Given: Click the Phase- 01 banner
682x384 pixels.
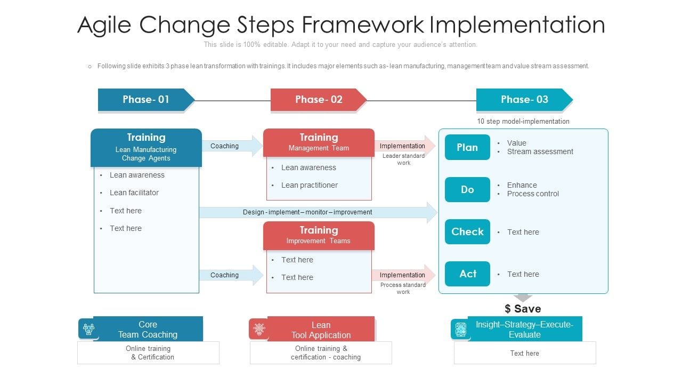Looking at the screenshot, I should [145, 100].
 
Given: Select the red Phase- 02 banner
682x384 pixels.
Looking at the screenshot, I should [318, 100].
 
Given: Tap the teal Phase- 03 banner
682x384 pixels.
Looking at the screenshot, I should [524, 100].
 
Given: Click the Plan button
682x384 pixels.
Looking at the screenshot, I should [467, 147].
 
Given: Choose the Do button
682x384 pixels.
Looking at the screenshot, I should [467, 189].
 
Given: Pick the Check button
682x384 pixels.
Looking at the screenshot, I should [467, 231].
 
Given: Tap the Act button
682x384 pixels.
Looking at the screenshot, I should [467, 274].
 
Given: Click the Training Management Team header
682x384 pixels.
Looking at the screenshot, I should [319, 142].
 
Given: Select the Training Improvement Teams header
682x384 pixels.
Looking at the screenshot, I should [319, 235].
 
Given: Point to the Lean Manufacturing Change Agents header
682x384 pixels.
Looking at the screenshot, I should [146, 148].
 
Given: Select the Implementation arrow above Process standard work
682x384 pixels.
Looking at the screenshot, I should [403, 275].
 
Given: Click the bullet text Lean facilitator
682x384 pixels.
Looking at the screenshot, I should [134, 193].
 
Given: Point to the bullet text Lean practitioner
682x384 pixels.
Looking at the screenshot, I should [310, 185].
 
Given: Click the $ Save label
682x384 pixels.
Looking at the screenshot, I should [523, 309].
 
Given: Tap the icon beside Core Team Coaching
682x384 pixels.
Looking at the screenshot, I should [87, 329].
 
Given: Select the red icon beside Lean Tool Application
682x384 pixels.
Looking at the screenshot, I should [259, 329].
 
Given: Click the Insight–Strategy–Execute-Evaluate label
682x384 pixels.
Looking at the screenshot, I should [524, 330].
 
